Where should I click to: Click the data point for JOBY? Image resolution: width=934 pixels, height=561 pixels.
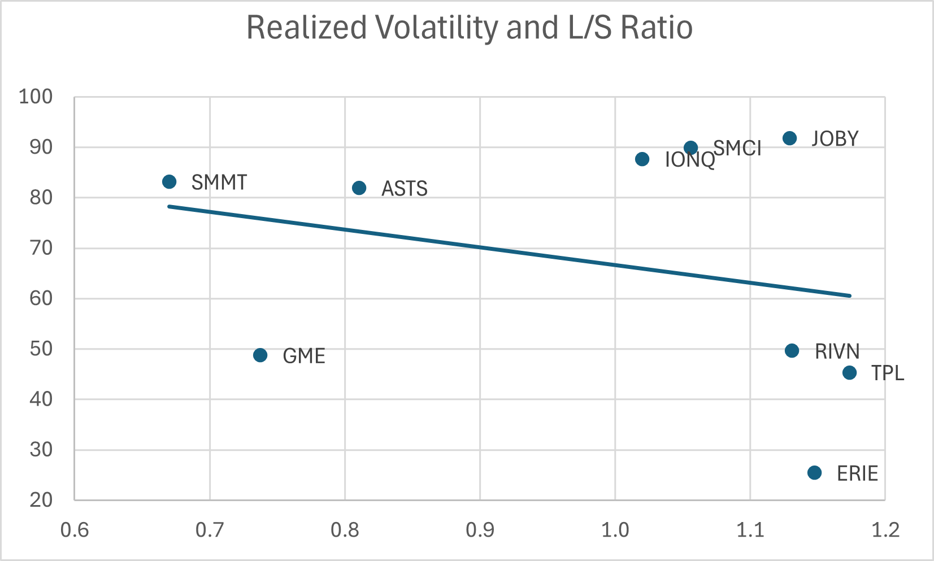[789, 138]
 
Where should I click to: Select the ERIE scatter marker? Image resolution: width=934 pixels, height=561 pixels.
[814, 473]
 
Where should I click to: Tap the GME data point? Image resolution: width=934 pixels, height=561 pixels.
[260, 355]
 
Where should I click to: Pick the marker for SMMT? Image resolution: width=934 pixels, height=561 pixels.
[169, 182]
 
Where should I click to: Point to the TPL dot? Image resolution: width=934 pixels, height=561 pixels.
[849, 373]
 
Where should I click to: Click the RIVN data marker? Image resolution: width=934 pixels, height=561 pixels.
[792, 351]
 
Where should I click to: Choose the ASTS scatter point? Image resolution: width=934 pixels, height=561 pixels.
[359, 188]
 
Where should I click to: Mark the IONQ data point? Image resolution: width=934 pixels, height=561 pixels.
[642, 159]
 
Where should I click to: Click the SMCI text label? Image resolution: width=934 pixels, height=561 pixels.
[737, 149]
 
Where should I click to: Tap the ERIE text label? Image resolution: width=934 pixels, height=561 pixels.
[857, 473]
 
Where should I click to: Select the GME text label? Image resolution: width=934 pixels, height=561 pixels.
[304, 356]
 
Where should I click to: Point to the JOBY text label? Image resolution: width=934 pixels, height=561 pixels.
[835, 139]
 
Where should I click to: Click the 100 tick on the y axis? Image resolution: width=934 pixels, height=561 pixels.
[36, 97]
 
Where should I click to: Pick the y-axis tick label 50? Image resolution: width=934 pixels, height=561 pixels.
[41, 349]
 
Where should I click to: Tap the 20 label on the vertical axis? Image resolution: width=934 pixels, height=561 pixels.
[41, 500]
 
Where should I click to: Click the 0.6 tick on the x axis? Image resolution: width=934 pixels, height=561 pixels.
[75, 530]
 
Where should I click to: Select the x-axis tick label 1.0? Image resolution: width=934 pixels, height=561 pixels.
[615, 530]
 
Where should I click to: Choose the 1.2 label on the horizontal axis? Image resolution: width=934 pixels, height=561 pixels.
[885, 530]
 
